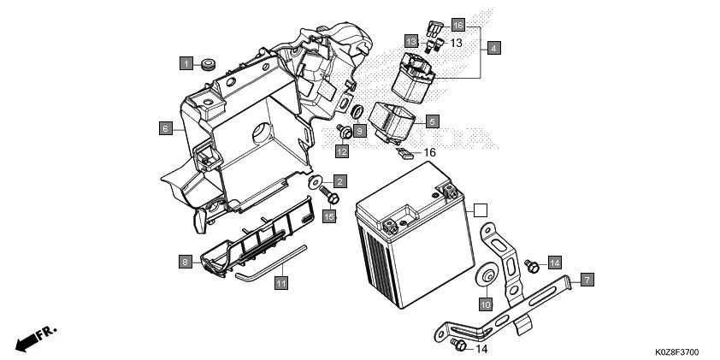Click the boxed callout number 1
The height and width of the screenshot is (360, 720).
[186, 62]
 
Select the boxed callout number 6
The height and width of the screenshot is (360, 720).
[165, 129]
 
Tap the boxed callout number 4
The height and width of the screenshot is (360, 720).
[494, 49]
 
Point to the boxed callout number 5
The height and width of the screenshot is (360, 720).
[433, 122]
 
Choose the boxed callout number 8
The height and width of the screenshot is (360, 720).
[186, 262]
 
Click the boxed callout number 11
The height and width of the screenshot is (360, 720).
[280, 280]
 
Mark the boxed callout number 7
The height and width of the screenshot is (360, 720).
[587, 280]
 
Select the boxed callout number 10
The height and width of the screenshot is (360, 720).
[485, 304]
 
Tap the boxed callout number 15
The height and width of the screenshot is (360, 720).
[329, 217]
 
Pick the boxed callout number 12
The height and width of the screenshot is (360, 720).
[342, 151]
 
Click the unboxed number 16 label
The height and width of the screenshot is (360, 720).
[430, 152]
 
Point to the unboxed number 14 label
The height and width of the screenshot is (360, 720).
[481, 349]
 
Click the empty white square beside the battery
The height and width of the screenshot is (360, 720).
[481, 208]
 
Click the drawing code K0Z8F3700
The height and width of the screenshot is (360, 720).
[678, 351]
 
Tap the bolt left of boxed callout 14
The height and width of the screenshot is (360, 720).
[531, 266]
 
